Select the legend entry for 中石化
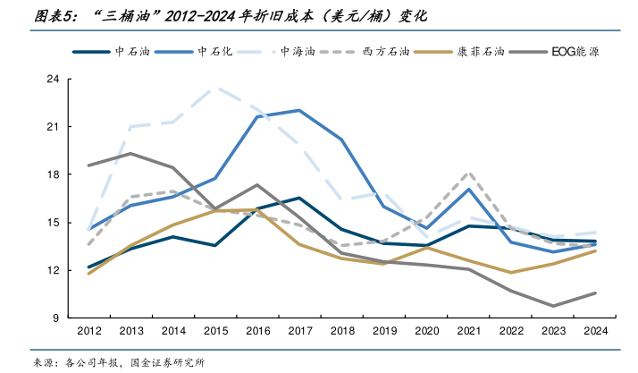[214, 52]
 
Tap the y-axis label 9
[55, 318]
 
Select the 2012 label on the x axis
[88, 331]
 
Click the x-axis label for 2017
[298, 331]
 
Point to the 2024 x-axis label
[595, 331]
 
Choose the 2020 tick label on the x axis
[426, 331]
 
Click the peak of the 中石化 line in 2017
[298, 110]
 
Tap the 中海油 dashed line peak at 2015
[214, 88]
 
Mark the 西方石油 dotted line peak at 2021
[469, 174]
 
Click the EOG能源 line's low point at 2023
[553, 306]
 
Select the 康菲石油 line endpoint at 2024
[595, 250]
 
